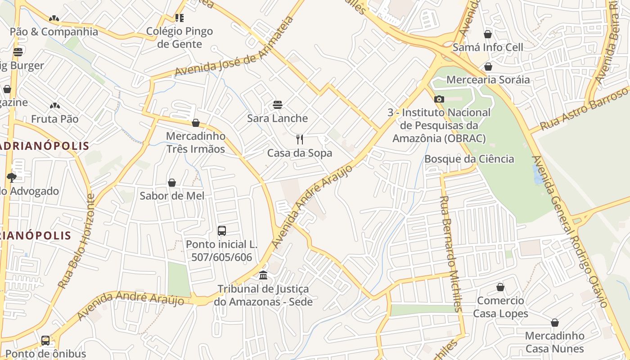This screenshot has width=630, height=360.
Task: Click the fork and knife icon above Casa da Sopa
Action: coord(300,139)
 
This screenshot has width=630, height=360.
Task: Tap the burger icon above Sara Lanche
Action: coord(278,105)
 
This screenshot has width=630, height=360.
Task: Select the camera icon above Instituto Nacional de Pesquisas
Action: coord(439,99)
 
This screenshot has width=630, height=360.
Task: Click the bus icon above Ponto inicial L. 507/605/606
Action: coord(221,231)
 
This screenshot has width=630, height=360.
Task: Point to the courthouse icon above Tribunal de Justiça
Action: coord(263,275)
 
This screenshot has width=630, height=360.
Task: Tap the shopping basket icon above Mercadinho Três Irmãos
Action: coord(196,122)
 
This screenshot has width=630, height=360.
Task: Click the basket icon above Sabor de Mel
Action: coord(172,182)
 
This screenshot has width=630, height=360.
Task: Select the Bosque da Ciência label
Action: coord(469,159)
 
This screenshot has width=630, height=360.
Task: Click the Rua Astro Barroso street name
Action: coord(584,108)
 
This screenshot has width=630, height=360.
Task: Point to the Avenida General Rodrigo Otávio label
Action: coord(571,231)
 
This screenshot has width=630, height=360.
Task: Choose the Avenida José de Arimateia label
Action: coord(234,47)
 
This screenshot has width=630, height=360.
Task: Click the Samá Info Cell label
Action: coord(488,47)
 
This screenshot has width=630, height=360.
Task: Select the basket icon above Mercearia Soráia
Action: coord(488,67)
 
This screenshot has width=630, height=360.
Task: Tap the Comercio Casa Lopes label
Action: coord(500,307)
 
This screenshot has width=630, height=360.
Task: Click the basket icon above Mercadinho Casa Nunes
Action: coord(554,323)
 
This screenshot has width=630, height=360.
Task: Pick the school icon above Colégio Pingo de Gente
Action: coord(179,18)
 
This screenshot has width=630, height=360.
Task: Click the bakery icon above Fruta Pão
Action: coord(54,106)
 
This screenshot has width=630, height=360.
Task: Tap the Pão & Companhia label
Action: coord(54,31)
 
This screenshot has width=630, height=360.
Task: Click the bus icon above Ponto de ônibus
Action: coord(45,341)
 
